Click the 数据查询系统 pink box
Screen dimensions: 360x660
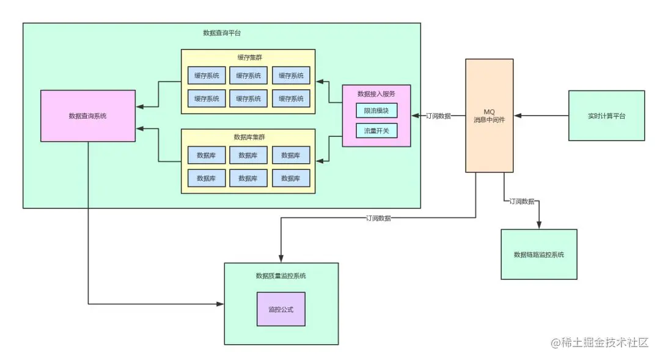87,116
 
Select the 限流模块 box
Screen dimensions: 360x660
376,111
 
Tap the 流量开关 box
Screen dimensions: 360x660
376,130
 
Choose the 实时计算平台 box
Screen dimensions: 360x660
606,116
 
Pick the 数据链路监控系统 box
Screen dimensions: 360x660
538,254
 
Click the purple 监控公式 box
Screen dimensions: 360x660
280,309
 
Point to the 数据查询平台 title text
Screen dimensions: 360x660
222,32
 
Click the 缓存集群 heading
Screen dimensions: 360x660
248,57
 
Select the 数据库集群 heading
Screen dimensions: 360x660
248,137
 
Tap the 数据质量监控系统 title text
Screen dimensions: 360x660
280,276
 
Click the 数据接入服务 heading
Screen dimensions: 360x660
376,94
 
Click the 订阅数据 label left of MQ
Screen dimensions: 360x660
438,116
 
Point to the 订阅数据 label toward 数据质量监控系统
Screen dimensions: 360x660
378,218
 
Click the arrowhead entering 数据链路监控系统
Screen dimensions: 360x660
538,226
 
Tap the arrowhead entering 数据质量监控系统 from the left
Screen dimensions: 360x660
221,303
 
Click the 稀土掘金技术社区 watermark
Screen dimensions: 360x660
600,343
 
